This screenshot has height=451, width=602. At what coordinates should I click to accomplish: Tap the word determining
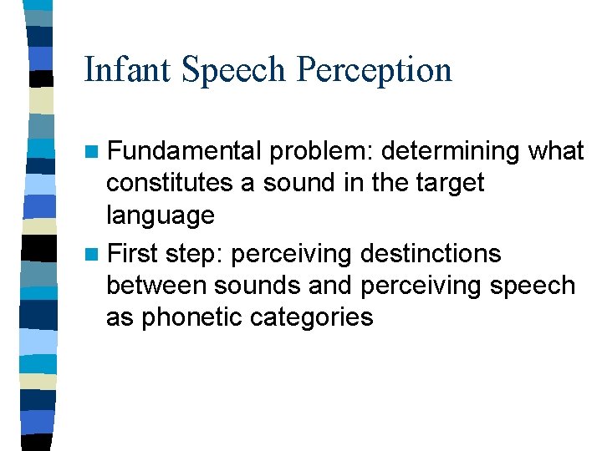click(x=451, y=152)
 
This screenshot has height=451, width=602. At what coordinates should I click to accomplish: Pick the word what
click(x=556, y=151)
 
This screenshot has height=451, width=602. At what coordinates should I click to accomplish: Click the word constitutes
click(x=171, y=183)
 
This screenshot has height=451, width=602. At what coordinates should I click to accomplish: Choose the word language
click(x=161, y=216)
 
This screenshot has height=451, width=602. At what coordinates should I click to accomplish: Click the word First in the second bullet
click(x=134, y=253)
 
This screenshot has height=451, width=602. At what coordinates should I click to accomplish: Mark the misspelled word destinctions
click(x=428, y=253)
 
